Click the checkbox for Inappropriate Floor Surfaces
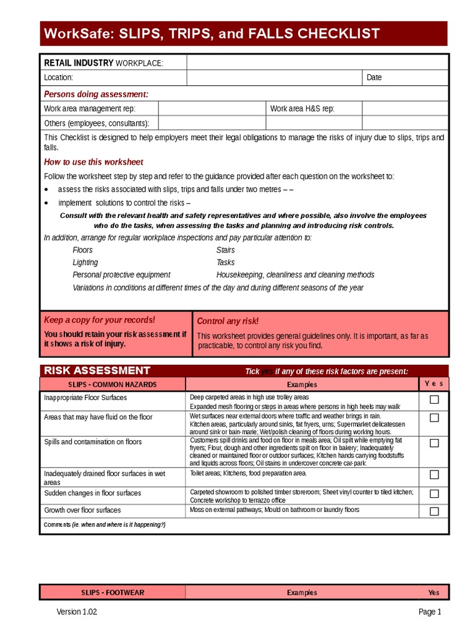point(434,400)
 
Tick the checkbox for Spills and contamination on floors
point(434,443)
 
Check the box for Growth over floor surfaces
point(434,511)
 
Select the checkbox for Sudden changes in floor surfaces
point(434,494)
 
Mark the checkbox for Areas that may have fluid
point(434,418)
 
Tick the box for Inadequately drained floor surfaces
point(434,475)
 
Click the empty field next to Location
point(274,78)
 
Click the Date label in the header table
point(374,78)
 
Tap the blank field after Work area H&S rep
point(405,109)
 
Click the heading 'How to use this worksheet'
point(93,162)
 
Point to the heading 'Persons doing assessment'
point(96,94)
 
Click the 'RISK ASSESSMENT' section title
point(97,371)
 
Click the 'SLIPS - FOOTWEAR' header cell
point(113,593)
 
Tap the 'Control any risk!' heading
point(228,321)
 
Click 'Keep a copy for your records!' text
point(99,320)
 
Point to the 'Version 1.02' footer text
point(77,612)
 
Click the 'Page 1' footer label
point(430,612)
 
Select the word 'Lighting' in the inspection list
point(85,263)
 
